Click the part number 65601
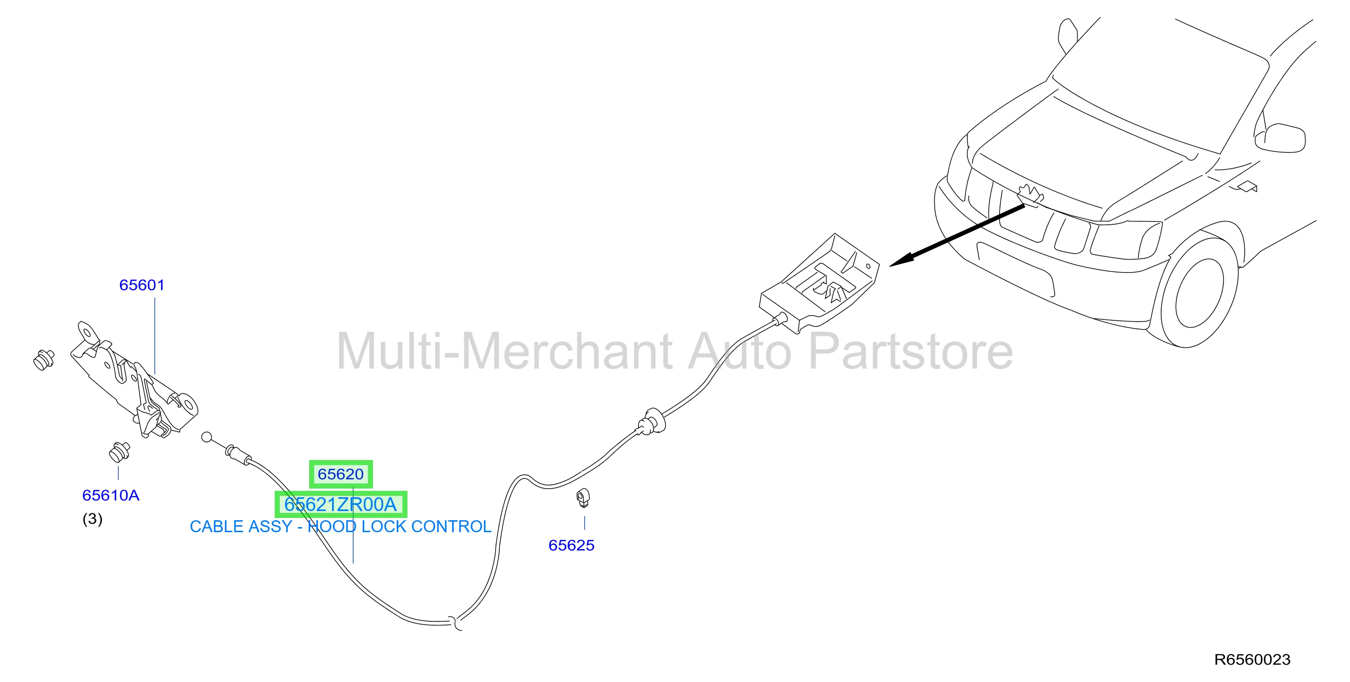(x=141, y=285)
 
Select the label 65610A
(x=111, y=495)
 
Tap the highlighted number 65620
(x=341, y=474)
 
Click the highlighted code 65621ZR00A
(x=341, y=504)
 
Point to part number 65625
(x=571, y=545)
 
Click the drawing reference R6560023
(x=1252, y=659)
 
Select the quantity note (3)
(x=92, y=519)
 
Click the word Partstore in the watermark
(x=911, y=351)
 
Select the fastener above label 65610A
(x=119, y=451)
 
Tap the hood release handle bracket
(x=819, y=283)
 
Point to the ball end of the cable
(x=207, y=437)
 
